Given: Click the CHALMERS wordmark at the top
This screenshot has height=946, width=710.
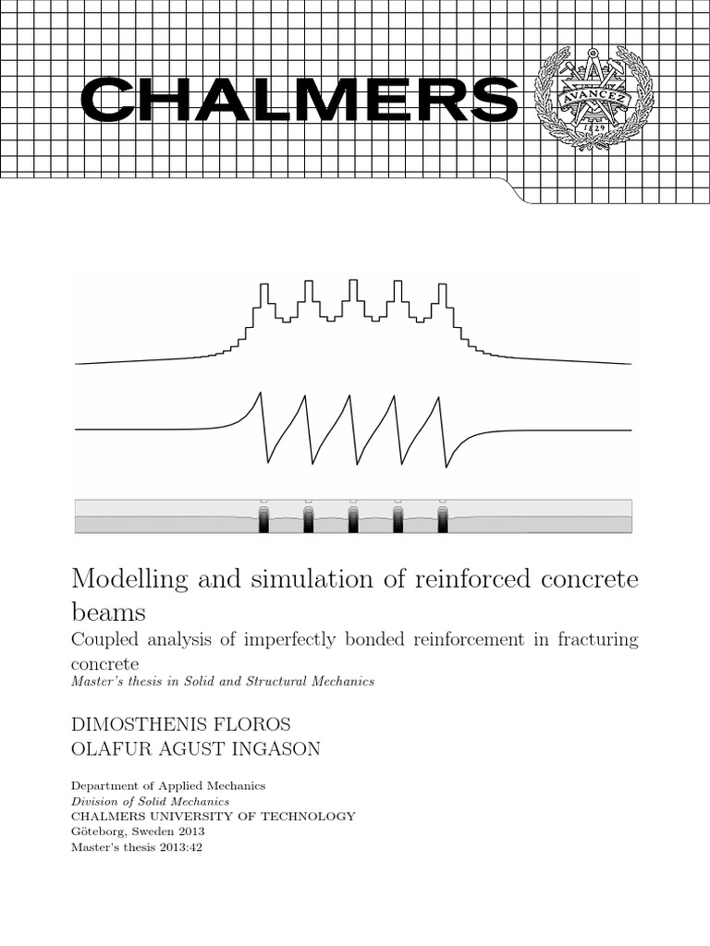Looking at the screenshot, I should point(299,100).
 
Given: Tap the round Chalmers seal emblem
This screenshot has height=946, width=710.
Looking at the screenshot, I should point(594,98).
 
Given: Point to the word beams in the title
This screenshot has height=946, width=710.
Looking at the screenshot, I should point(108,612).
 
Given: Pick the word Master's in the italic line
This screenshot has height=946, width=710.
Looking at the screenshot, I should point(96,682).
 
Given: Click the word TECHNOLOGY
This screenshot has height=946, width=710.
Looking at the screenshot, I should point(307,816).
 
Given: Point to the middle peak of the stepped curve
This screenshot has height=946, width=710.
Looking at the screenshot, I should point(352,289).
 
